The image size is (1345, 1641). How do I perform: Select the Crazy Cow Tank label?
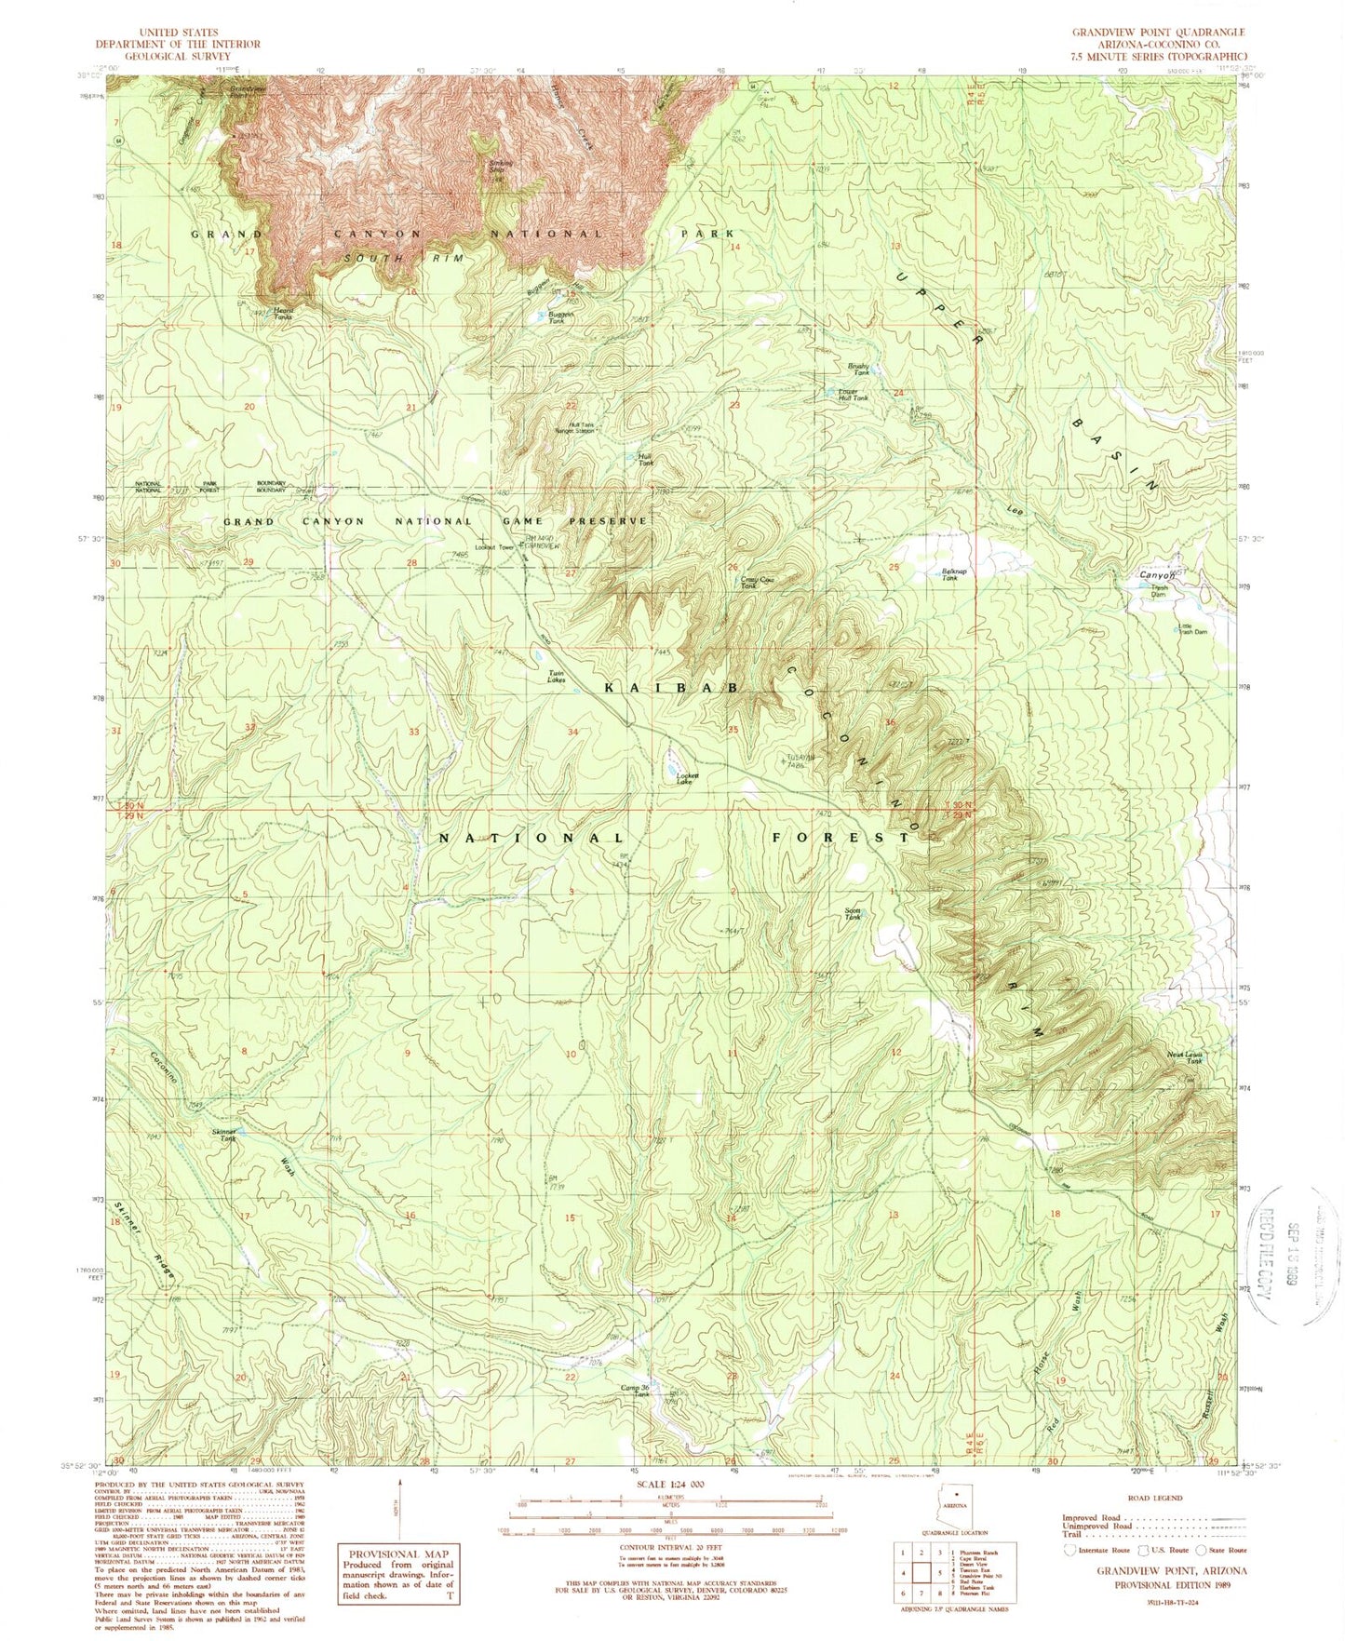point(758,583)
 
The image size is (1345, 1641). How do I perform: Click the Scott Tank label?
point(852,914)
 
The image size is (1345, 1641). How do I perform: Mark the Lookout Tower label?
point(495,547)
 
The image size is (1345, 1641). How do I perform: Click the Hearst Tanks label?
point(282,315)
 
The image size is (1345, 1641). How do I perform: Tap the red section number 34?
point(573,732)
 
